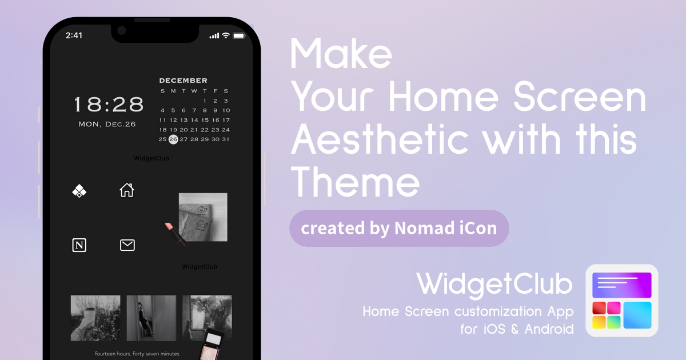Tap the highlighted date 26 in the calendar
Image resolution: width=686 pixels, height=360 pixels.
[173, 139]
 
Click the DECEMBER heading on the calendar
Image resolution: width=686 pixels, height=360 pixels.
[183, 81]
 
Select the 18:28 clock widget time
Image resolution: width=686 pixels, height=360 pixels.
[109, 104]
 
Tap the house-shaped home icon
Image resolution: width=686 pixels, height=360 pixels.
[127, 190]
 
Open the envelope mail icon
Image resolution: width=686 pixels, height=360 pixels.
[127, 245]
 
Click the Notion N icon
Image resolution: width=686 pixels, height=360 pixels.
[79, 245]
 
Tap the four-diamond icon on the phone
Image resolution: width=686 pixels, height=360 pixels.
[79, 191]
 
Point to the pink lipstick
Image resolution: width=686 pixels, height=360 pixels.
[176, 235]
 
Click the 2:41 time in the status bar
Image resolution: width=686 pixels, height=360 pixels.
[74, 35]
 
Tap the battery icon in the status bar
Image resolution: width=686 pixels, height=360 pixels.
[239, 36]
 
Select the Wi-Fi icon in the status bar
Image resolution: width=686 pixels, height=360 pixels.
[226, 35]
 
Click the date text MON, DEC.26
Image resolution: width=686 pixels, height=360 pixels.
[107, 125]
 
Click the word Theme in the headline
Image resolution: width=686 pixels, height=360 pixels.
[355, 182]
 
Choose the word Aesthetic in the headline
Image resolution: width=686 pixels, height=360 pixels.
[380, 139]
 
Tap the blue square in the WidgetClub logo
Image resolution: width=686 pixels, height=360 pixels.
[637, 315]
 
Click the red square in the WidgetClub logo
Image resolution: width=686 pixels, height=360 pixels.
[599, 308]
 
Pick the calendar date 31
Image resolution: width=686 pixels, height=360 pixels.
[226, 139]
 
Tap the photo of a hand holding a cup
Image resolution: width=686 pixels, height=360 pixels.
[95, 318]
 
